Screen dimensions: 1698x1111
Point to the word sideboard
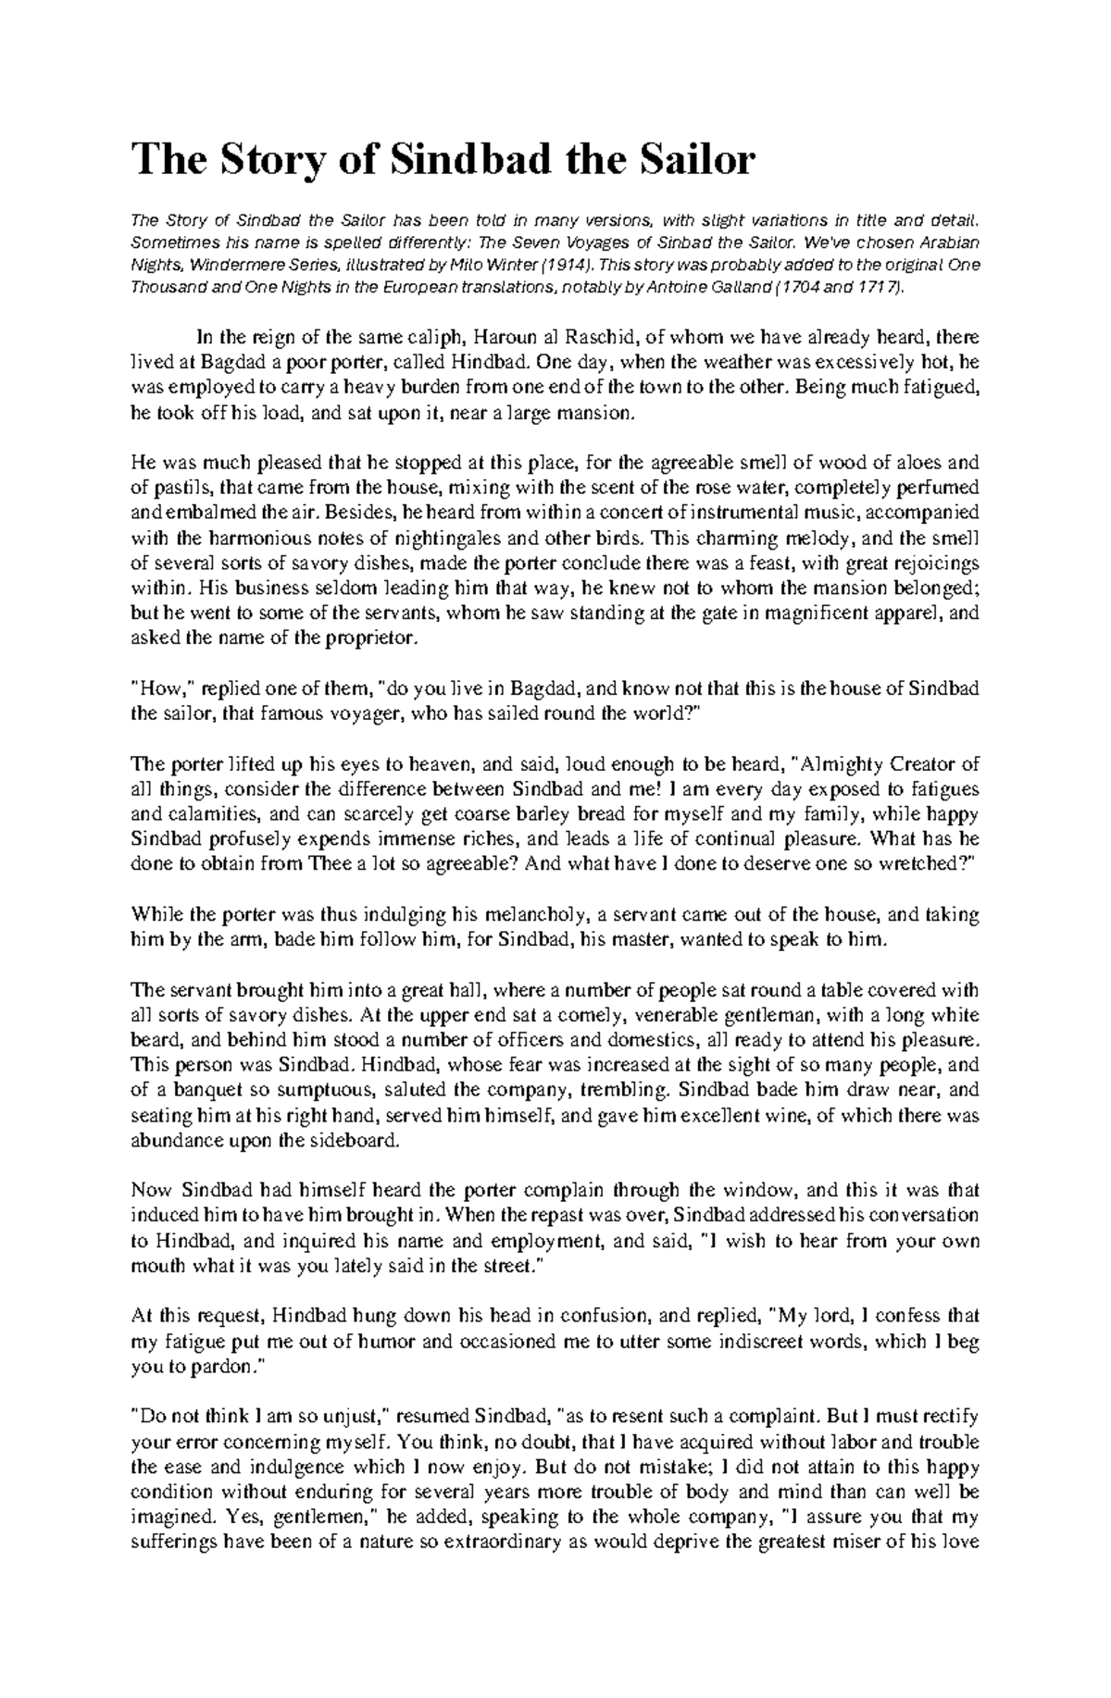coord(355,1140)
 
